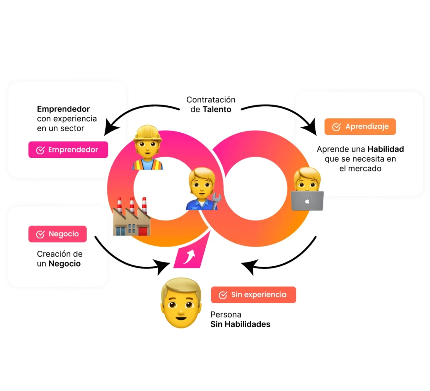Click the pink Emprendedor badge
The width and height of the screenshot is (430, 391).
point(68,150)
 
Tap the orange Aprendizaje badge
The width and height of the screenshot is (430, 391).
point(360,126)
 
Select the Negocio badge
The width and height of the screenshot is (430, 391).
point(58,234)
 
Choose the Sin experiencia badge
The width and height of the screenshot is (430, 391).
point(253,295)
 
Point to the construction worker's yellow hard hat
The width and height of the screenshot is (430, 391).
point(147,134)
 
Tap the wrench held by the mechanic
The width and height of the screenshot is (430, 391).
point(215,201)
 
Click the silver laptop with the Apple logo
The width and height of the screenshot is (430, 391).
point(307,201)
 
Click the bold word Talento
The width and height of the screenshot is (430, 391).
point(217,109)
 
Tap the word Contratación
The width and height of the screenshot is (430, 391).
point(211,100)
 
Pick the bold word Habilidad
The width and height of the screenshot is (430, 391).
point(385,150)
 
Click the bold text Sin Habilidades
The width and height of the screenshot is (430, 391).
point(240,324)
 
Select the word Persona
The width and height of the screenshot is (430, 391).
point(226,315)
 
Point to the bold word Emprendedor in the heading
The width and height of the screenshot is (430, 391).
point(63,109)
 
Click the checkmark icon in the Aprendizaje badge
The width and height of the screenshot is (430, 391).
point(336,127)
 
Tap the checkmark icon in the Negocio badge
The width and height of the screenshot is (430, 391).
point(40,234)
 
